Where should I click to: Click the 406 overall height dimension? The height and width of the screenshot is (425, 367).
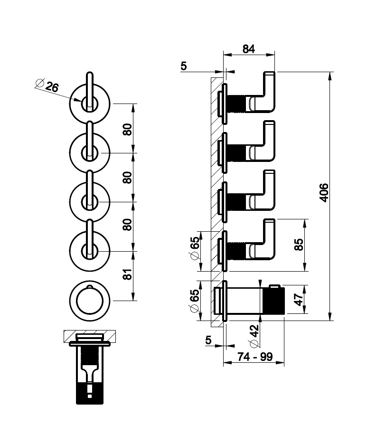coord(324,193)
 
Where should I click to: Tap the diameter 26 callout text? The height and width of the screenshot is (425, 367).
coord(47,85)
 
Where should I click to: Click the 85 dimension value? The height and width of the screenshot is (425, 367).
coord(299,245)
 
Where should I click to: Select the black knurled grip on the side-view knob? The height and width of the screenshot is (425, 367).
coord(274,301)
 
